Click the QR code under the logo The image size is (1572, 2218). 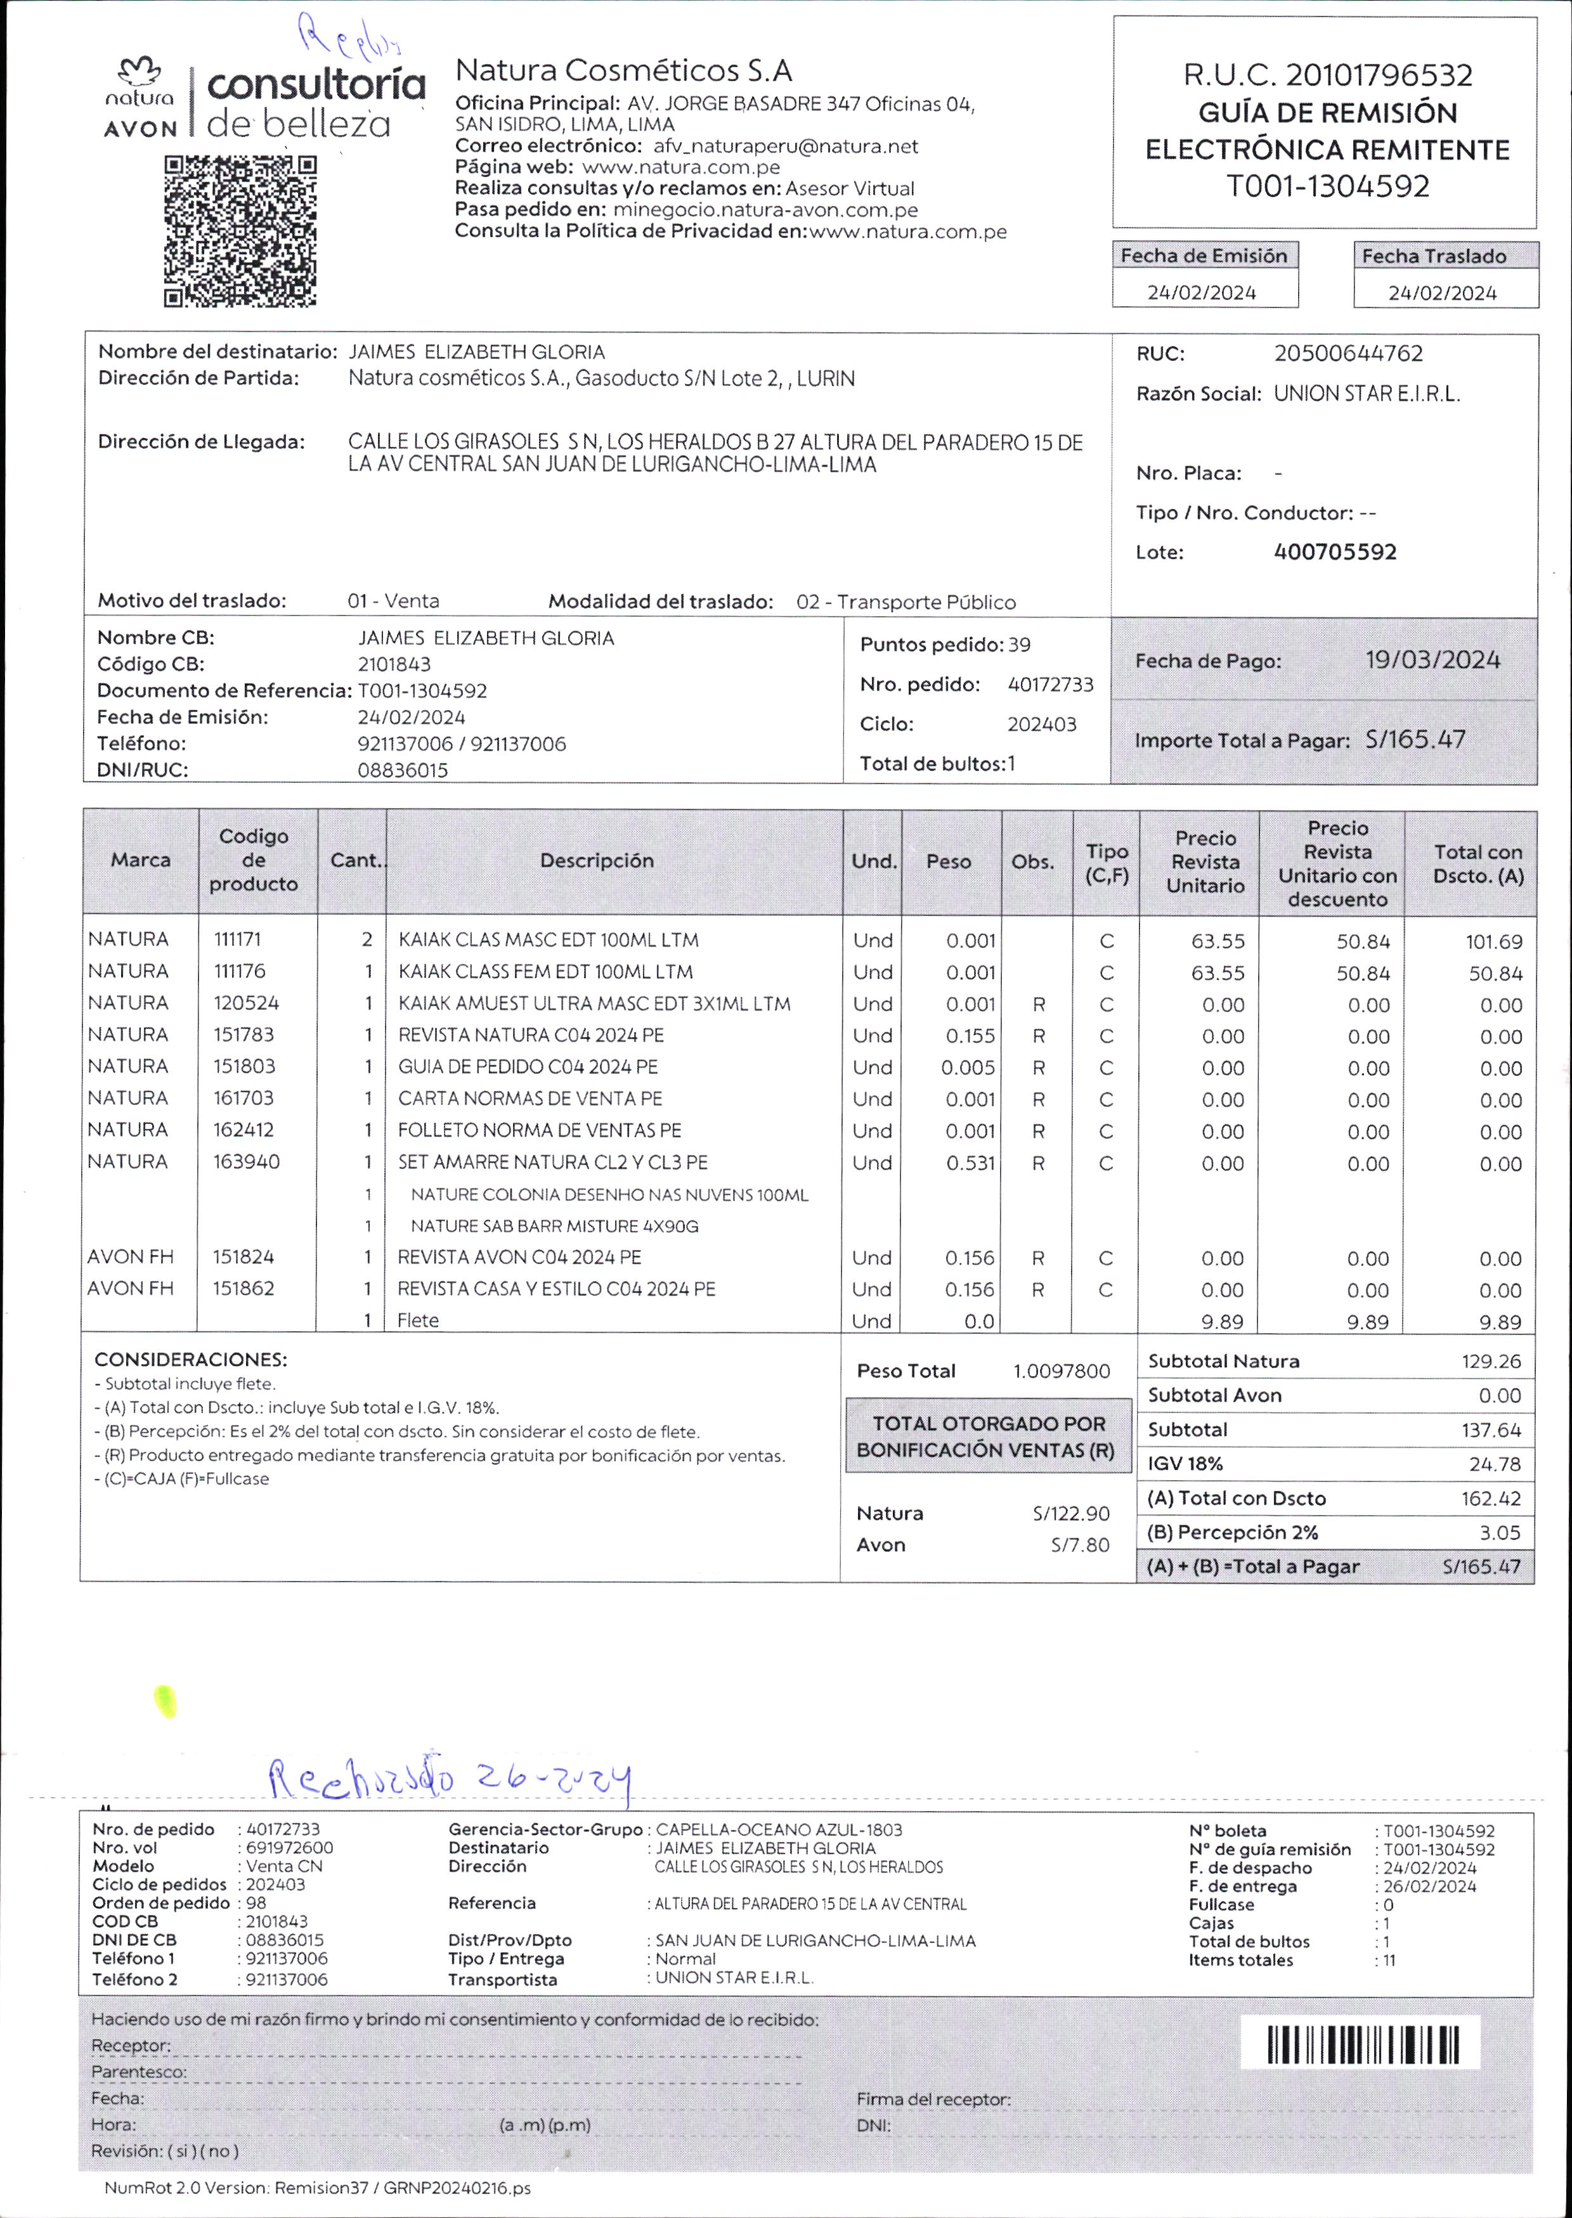tap(240, 231)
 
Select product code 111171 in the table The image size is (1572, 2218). tap(237, 939)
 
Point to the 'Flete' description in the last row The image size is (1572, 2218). tap(418, 1320)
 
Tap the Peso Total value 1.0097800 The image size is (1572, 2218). tap(1061, 1371)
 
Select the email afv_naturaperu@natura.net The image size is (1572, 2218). tap(785, 146)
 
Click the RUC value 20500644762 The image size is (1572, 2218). tap(1348, 353)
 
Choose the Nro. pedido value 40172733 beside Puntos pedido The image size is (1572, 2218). tap(1050, 684)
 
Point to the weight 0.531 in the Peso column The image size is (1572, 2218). tap(970, 1162)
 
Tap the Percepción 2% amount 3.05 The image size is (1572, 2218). tap(1500, 1533)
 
